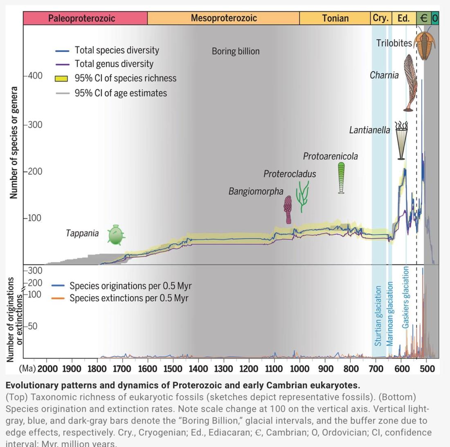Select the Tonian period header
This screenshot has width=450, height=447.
tap(335, 18)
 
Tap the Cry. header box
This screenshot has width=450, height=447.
tap(380, 18)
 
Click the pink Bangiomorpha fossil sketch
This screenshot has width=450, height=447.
tap(288, 209)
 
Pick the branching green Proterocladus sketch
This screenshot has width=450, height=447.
tap(302, 196)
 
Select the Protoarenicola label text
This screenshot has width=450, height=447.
tap(330, 157)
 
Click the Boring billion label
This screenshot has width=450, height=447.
tap(236, 52)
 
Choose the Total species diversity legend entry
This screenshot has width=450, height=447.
tap(117, 50)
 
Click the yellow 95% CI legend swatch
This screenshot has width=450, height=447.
tap(61, 78)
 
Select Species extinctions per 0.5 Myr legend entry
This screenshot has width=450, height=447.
tap(128, 298)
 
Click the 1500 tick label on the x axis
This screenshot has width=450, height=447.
tap(173, 369)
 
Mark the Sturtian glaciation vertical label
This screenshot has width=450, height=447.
tap(378, 316)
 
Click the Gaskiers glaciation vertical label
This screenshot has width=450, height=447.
tap(405, 297)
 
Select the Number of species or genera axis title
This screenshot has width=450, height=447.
tap(14, 143)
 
